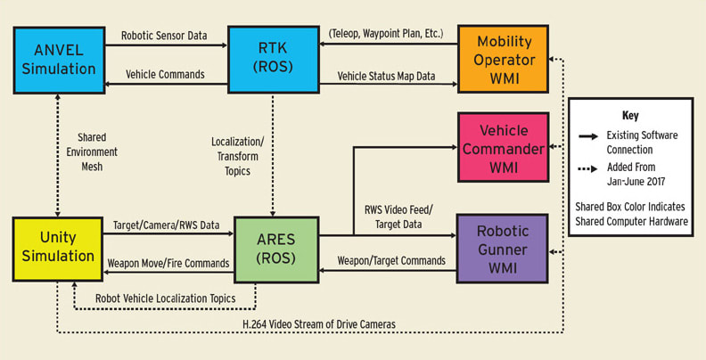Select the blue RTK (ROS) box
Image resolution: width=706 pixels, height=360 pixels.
click(267, 59)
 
